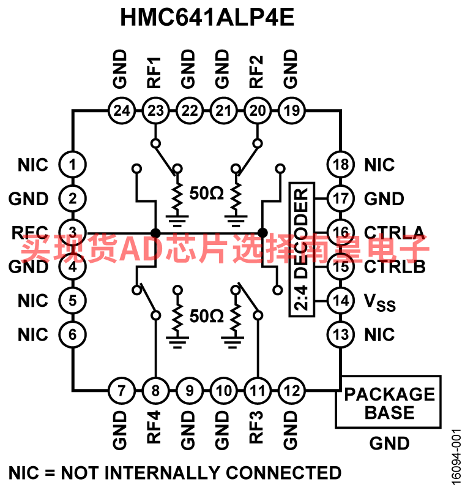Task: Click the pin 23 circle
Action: pyautogui.click(x=155, y=111)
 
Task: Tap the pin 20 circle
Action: pyautogui.click(x=258, y=111)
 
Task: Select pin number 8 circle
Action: pyautogui.click(x=155, y=390)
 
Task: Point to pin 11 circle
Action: pyautogui.click(x=258, y=390)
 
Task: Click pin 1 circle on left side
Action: pyautogui.click(x=72, y=165)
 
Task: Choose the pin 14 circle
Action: pyautogui.click(x=340, y=301)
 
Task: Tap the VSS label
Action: pyautogui.click(x=380, y=303)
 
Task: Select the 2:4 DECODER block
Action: pyautogui.click(x=302, y=249)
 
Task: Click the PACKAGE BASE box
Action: pyautogui.click(x=389, y=402)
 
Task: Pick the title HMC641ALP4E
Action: pyautogui.click(x=207, y=17)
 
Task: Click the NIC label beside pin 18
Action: pyautogui.click(x=379, y=165)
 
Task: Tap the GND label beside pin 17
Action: pyautogui.click(x=384, y=199)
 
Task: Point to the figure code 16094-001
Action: pyautogui.click(x=455, y=457)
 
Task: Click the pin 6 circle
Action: pyautogui.click(x=72, y=334)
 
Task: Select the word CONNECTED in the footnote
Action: pyautogui.click(x=283, y=473)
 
